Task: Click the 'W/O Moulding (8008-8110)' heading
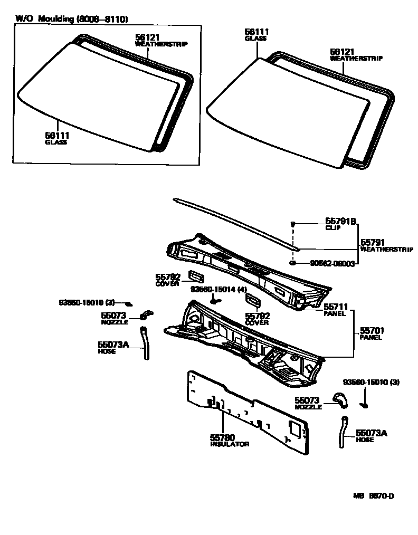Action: click(x=72, y=18)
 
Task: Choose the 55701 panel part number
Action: click(x=372, y=331)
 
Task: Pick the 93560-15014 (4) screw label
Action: click(x=218, y=289)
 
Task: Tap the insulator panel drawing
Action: click(x=248, y=412)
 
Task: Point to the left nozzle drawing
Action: click(x=145, y=314)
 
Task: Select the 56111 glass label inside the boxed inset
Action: click(x=57, y=136)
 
